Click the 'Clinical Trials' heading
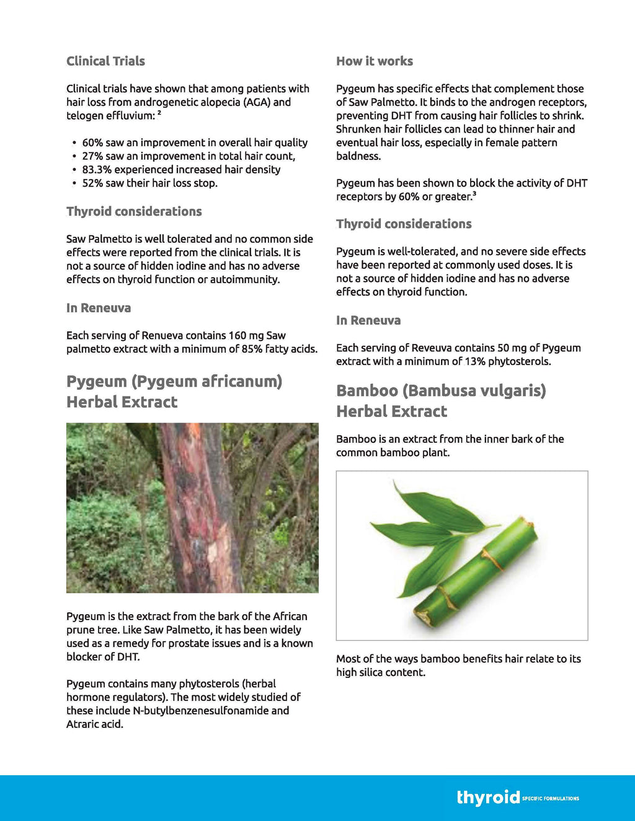[x=105, y=61]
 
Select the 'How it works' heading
[x=374, y=61]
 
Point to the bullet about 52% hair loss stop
[x=149, y=183]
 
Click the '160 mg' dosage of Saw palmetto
[x=246, y=335]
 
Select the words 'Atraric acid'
[x=95, y=724]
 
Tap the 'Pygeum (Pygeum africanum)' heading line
[x=174, y=381]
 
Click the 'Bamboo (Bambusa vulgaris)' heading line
[x=441, y=390]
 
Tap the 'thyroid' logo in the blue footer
[x=488, y=797]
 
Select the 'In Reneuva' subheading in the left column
[x=99, y=308]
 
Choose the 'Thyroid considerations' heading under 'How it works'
[x=404, y=224]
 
